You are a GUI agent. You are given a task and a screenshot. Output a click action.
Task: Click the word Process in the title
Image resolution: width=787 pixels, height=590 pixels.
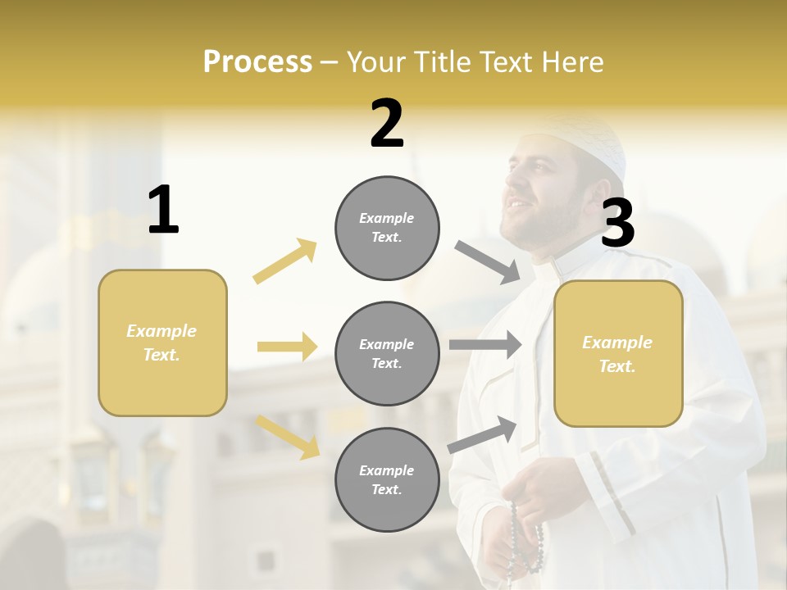257,61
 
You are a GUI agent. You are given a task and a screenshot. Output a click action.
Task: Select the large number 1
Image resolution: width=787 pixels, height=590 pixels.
163,210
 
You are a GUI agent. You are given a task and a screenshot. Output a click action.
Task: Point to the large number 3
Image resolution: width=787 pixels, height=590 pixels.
617,223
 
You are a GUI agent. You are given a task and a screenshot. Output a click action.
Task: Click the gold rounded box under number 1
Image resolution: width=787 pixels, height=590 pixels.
162,343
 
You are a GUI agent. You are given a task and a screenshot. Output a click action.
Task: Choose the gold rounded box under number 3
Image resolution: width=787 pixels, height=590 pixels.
618,353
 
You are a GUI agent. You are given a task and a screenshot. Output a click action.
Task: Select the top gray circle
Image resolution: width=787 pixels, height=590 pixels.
387,228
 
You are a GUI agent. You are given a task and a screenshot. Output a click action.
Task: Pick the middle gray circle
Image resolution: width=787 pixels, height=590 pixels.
387,353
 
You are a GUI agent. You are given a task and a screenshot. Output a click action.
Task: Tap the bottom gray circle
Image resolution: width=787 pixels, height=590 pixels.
387,479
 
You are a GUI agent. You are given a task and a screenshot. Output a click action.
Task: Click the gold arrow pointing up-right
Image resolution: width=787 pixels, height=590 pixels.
285,261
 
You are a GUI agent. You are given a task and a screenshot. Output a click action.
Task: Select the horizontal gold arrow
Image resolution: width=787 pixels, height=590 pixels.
287,347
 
